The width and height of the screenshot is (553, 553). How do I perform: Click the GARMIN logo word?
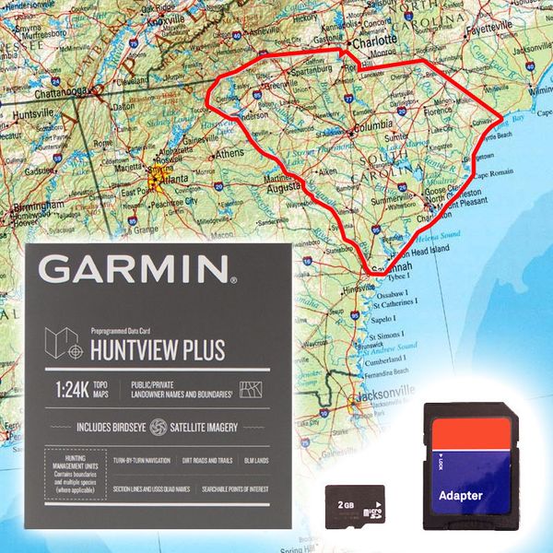pos(135,269)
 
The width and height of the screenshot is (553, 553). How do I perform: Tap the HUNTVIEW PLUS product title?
pos(158,349)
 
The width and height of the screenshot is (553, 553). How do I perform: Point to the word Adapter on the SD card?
pos(460,495)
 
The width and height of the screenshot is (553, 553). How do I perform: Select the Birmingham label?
pos(28,208)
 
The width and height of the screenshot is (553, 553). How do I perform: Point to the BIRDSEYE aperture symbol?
pos(157,428)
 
